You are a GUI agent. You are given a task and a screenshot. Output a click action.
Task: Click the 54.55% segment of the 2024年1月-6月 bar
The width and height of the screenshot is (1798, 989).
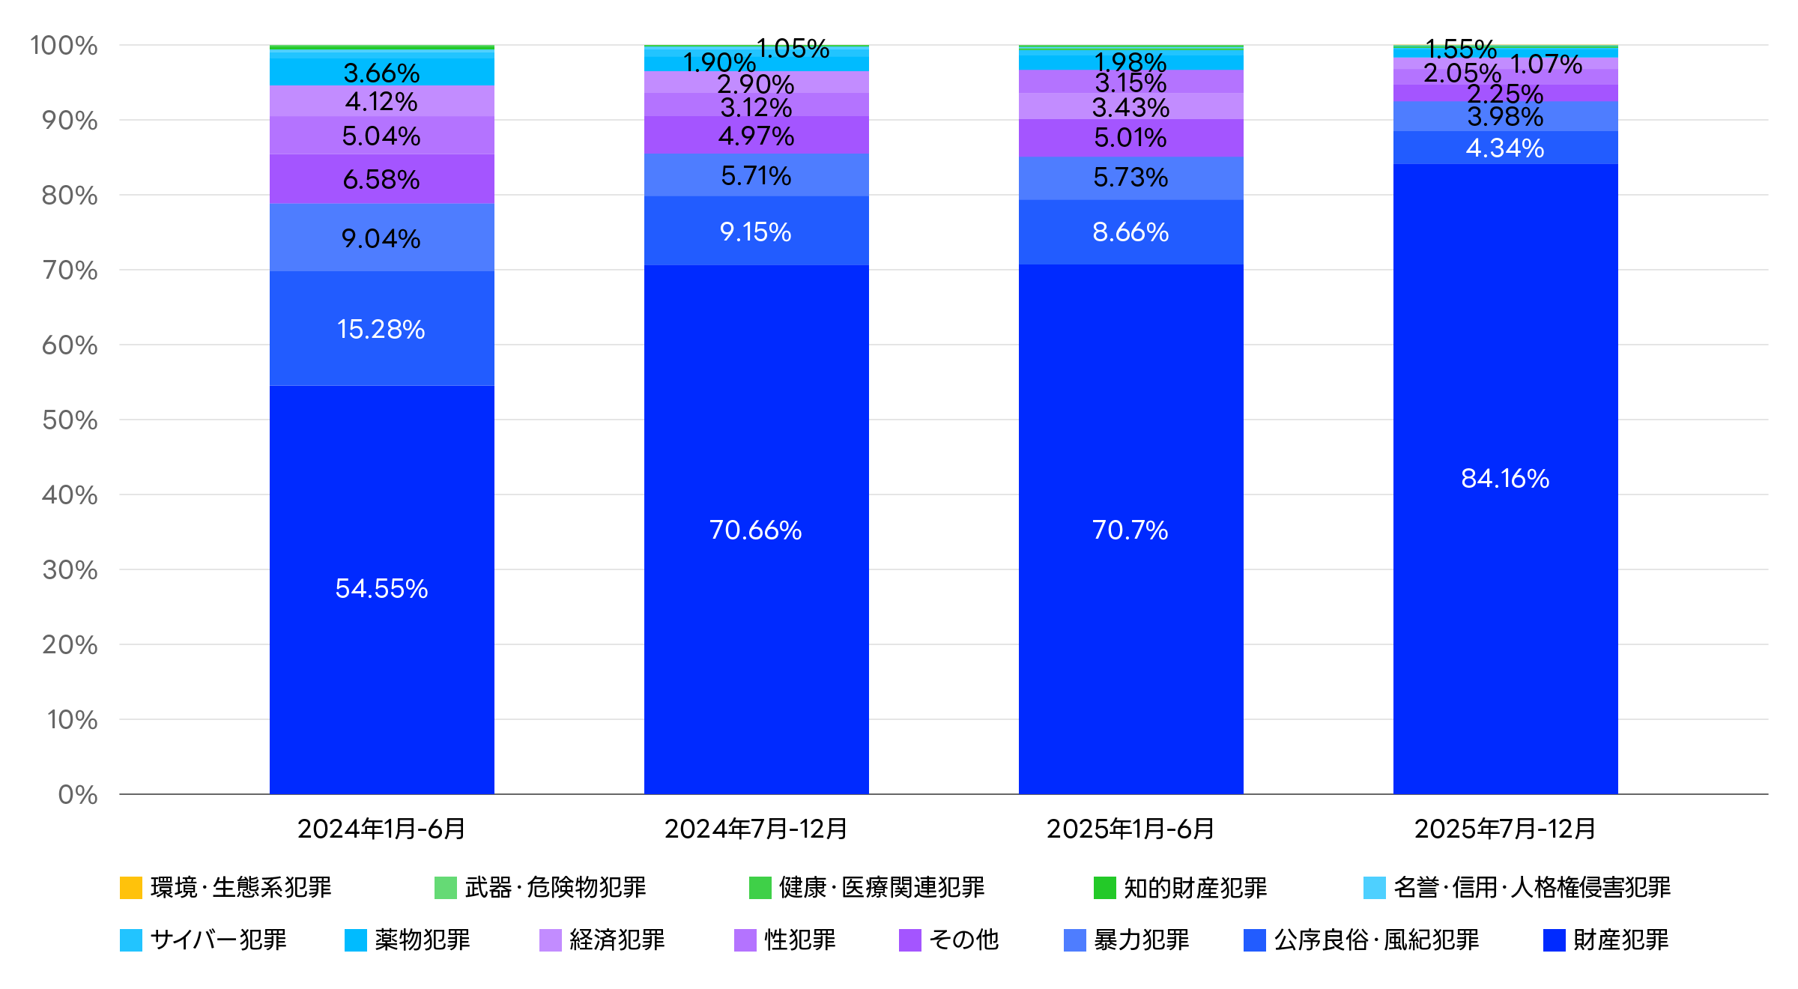click(x=381, y=590)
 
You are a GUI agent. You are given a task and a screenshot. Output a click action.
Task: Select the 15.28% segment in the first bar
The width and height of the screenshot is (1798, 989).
click(x=381, y=328)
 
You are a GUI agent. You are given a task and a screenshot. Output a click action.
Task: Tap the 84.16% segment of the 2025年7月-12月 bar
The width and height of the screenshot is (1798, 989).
click(x=1505, y=479)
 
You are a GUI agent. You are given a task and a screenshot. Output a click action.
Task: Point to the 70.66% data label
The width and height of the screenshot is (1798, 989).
click(x=755, y=530)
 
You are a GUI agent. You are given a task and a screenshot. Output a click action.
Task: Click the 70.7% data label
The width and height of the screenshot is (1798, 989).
click(x=1130, y=530)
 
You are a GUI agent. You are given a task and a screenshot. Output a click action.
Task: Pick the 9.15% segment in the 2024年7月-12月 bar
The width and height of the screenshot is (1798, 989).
click(x=756, y=231)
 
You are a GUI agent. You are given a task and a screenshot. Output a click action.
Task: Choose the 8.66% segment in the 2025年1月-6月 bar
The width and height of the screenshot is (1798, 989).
click(x=1130, y=232)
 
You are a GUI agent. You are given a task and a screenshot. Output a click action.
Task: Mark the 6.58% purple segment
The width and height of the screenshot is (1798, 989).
click(x=381, y=179)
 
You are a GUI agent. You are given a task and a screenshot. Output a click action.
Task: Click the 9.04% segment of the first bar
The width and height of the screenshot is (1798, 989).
click(x=381, y=238)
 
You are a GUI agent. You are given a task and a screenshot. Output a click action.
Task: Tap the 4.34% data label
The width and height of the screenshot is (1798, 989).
click(x=1505, y=148)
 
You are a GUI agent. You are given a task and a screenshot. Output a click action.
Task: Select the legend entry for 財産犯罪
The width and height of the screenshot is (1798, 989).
click(x=1606, y=940)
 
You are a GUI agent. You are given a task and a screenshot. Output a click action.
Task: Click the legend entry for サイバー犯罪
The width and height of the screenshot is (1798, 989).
click(x=203, y=940)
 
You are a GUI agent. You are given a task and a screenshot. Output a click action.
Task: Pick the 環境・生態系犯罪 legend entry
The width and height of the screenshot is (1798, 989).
click(x=225, y=887)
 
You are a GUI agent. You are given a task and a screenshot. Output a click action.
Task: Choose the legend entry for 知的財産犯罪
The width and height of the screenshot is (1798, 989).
click(x=1180, y=887)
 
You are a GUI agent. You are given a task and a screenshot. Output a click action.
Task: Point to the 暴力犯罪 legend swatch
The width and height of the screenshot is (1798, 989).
click(x=1075, y=940)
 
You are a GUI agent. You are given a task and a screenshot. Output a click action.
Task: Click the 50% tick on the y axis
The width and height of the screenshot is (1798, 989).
click(x=70, y=420)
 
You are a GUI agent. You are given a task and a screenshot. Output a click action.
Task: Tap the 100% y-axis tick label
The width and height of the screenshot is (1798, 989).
click(x=64, y=46)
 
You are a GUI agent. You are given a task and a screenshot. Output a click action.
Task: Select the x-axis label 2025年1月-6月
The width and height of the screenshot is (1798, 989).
click(x=1130, y=829)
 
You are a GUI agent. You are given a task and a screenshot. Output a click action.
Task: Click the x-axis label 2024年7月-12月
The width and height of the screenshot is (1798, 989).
click(x=756, y=829)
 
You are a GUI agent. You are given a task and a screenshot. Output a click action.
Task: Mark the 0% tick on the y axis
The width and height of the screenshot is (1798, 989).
click(x=78, y=795)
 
